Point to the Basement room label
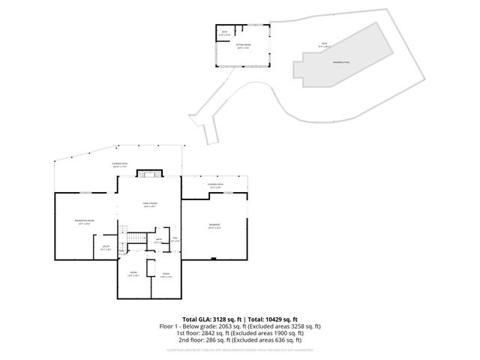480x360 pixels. tap(214, 225)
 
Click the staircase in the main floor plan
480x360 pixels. tap(136, 238)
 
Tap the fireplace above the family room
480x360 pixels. tap(147, 174)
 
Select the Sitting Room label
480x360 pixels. tap(244, 46)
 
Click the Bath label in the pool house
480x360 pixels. tap(223, 32)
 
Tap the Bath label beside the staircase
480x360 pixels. tap(159, 241)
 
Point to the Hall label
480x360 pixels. tap(175, 239)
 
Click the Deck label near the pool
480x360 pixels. tap(324, 44)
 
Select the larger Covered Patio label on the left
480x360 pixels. tap(118, 165)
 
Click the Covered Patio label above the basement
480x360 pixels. tap(216, 185)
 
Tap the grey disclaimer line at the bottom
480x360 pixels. tap(240, 349)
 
